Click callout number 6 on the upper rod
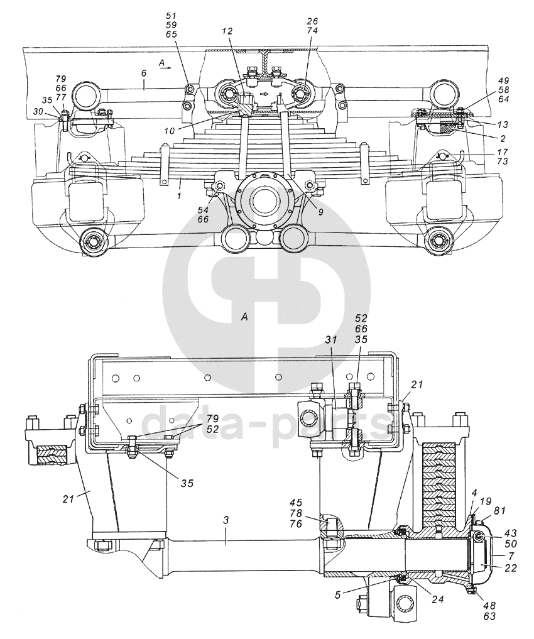(143, 73)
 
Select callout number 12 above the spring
(227, 31)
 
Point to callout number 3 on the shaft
(227, 521)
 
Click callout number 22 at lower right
(509, 569)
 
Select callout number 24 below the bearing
(437, 600)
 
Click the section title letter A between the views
(245, 318)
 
